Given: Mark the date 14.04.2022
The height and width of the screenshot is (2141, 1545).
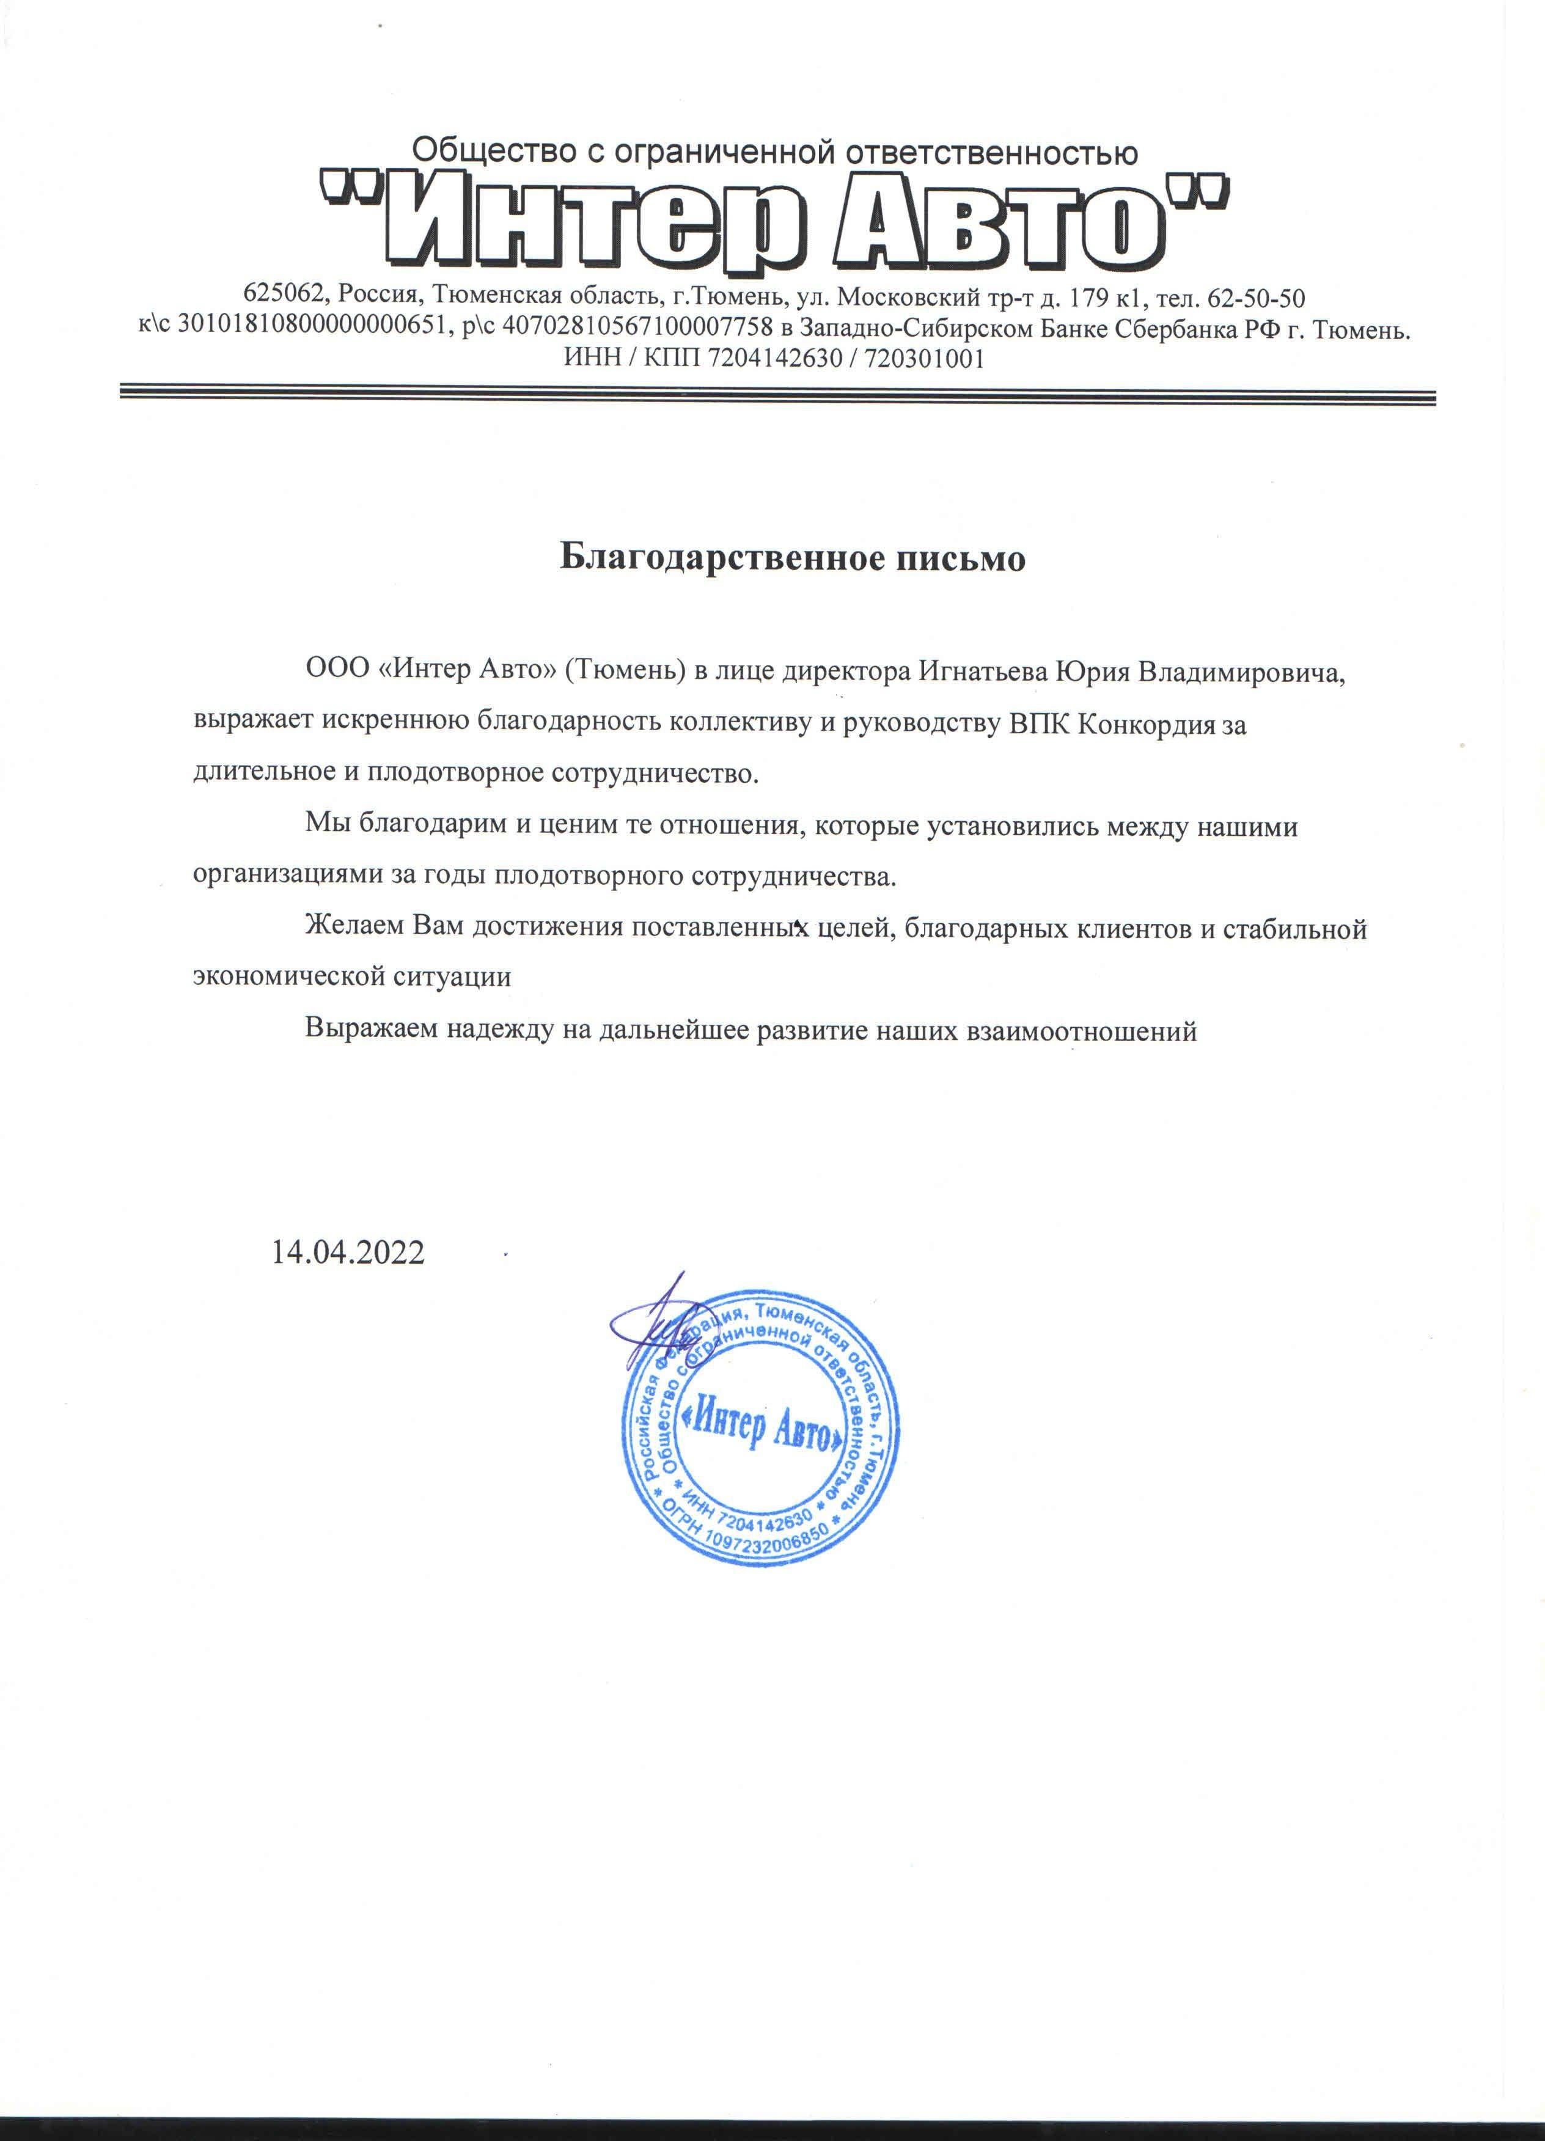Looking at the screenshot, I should pyautogui.click(x=348, y=1253).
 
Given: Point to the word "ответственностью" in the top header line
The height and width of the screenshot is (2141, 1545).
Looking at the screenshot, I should pyautogui.click(x=991, y=151).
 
